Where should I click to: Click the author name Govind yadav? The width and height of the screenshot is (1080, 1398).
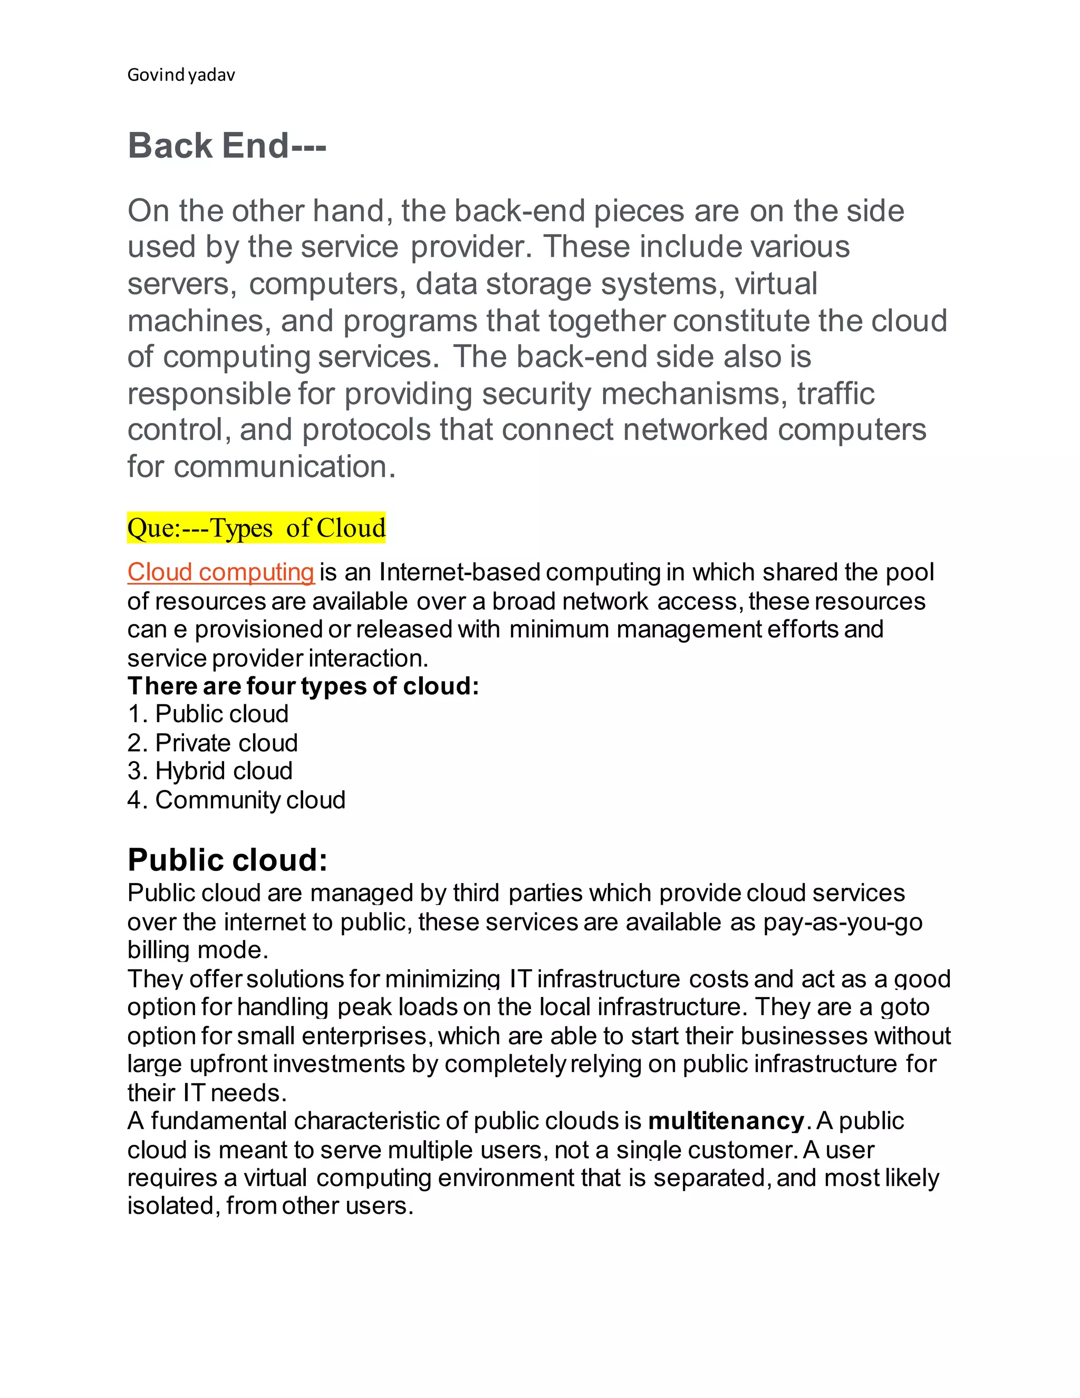click(181, 75)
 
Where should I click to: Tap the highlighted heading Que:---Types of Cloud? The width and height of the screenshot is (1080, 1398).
click(256, 528)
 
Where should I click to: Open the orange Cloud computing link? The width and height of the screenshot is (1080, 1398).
click(221, 572)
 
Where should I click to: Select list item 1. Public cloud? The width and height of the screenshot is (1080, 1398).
click(208, 714)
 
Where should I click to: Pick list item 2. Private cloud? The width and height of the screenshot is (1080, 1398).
click(213, 743)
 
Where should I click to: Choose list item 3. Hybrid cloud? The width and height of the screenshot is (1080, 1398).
click(210, 771)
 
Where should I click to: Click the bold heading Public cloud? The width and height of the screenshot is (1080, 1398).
click(227, 860)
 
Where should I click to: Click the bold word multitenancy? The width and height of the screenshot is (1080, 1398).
click(726, 1121)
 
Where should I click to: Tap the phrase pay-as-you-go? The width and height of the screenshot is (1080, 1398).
click(843, 922)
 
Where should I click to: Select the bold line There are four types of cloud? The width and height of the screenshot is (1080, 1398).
click(303, 686)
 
